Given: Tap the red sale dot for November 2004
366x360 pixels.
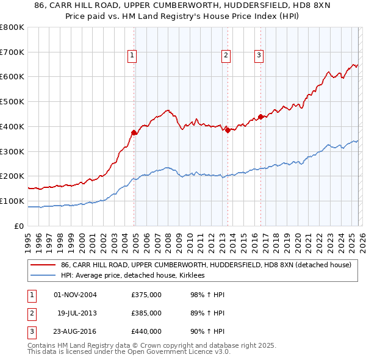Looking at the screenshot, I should click(134, 132).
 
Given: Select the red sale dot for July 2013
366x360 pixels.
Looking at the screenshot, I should click(228, 129).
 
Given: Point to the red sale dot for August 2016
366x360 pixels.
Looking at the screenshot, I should click(260, 116).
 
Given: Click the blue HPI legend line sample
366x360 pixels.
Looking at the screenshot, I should click(43, 276).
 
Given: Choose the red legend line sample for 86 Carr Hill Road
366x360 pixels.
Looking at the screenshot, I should click(43, 265).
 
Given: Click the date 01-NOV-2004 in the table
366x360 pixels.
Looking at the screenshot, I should click(75, 295).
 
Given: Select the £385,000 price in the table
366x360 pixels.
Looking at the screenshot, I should click(146, 312).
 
